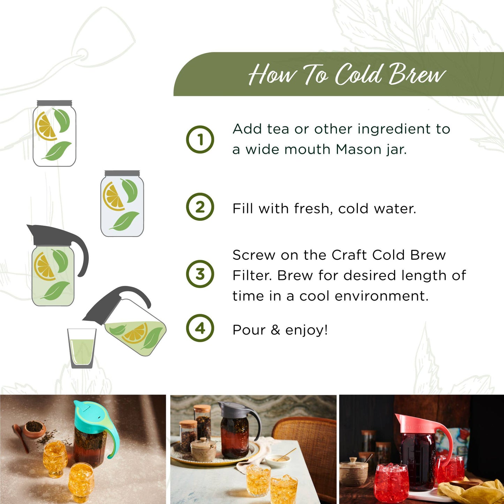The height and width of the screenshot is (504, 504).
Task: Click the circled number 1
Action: tap(200, 140)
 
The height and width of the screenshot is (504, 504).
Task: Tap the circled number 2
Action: tap(200, 207)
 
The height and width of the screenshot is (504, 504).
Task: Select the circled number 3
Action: tap(200, 274)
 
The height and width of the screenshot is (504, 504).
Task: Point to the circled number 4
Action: tap(200, 328)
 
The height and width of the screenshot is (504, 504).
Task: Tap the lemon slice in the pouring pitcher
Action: tap(135, 333)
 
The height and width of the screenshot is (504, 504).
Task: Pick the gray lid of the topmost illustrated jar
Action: tap(54, 103)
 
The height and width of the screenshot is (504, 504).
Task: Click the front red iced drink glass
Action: tap(391, 483)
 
